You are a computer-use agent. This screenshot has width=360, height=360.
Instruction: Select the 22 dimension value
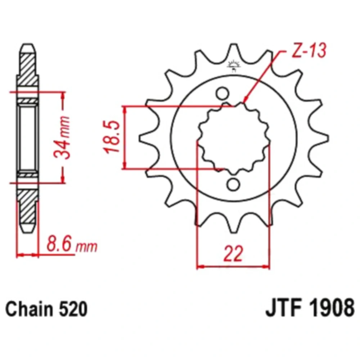[233, 254]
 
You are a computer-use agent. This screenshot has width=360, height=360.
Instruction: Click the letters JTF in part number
[283, 310]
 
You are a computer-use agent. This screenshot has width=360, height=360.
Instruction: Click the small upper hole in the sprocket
[222, 94]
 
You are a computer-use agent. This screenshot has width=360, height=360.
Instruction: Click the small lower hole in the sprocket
[233, 185]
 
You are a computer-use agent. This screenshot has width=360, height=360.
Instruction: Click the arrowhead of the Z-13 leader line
[245, 100]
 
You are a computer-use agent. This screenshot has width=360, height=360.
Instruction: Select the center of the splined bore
[234, 139]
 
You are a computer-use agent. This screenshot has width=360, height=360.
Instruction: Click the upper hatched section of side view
[28, 68]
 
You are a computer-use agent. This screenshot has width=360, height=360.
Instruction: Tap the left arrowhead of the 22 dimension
[199, 267]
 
